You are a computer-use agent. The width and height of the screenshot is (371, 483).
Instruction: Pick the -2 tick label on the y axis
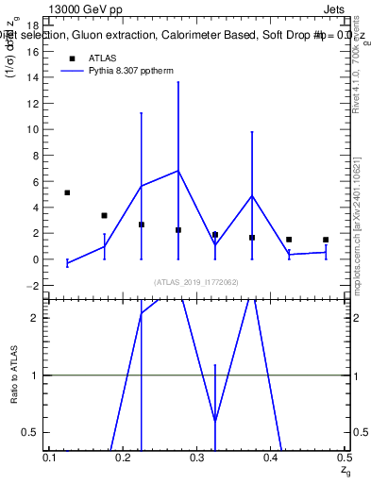31,285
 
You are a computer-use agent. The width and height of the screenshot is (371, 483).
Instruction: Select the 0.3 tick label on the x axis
196,457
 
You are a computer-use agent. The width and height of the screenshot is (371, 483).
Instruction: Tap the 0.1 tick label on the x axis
49,457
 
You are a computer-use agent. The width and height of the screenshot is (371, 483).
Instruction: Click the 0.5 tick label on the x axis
344,457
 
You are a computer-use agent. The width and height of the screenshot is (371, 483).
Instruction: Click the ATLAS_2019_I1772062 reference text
197,282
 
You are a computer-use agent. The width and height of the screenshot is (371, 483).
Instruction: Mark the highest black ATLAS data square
67,192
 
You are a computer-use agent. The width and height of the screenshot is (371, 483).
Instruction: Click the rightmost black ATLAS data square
326,240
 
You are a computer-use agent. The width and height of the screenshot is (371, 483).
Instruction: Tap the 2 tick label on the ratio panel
35,318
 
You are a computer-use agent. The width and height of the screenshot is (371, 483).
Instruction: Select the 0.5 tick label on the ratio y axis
32,432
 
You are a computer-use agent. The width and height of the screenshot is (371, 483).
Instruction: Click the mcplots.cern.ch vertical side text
357,217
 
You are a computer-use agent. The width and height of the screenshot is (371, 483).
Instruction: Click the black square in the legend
72,58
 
